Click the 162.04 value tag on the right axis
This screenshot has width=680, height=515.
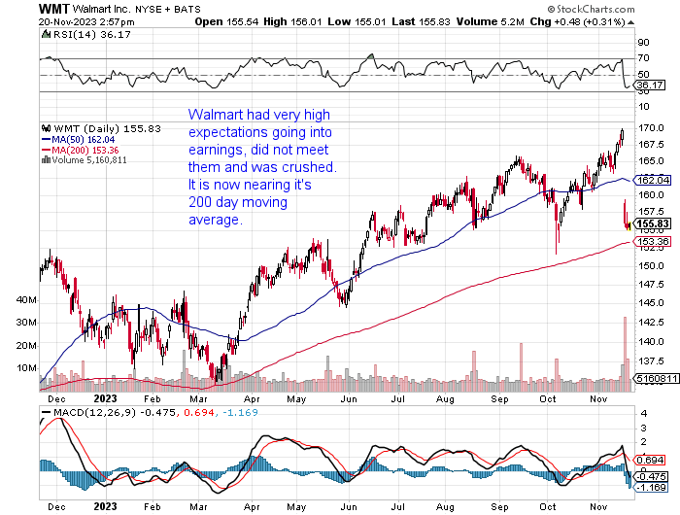(651, 181)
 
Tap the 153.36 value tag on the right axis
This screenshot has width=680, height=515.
(651, 241)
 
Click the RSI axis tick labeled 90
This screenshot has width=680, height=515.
(642, 43)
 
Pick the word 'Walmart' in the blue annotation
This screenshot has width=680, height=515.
(213, 115)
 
